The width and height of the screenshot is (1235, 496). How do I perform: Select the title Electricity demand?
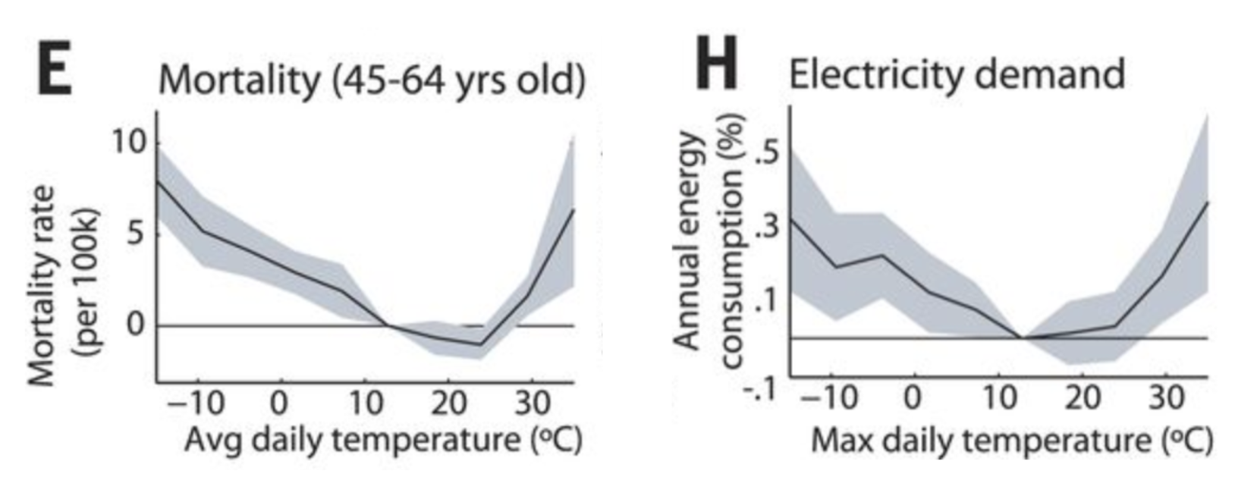tap(956, 74)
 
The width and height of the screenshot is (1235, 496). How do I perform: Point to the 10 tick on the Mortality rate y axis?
tap(129, 142)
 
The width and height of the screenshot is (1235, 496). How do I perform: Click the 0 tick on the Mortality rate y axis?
tap(136, 325)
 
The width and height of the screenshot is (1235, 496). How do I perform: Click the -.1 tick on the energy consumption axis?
tap(759, 389)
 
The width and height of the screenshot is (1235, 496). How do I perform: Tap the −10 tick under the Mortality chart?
tap(195, 402)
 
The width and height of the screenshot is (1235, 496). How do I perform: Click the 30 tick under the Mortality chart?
tap(532, 402)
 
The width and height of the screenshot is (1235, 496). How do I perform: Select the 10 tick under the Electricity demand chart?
tap(999, 397)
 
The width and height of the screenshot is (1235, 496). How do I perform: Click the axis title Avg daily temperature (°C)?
tap(383, 440)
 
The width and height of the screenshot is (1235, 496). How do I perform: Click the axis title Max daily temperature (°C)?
tap(1012, 440)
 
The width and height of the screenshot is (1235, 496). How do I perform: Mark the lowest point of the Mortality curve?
tap(479, 344)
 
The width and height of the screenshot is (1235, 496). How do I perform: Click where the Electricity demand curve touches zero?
tap(1022, 337)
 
